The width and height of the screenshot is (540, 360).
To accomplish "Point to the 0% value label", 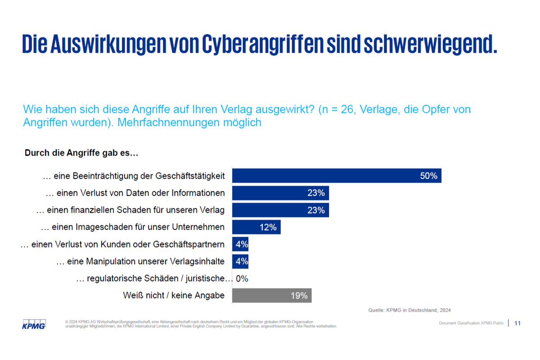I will [242, 279].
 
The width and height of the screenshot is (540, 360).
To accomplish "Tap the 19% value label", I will [299, 296].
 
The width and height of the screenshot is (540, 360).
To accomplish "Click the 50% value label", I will [428, 175].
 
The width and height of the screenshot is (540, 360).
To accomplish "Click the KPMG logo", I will [34, 324].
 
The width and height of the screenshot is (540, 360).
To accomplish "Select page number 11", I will [517, 323].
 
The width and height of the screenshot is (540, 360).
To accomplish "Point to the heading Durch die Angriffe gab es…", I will [81, 153].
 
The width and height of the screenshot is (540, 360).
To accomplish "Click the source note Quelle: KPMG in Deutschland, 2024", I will [409, 310].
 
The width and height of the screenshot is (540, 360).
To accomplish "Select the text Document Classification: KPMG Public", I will [471, 324].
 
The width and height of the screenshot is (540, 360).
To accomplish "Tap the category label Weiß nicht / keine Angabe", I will [174, 296].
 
